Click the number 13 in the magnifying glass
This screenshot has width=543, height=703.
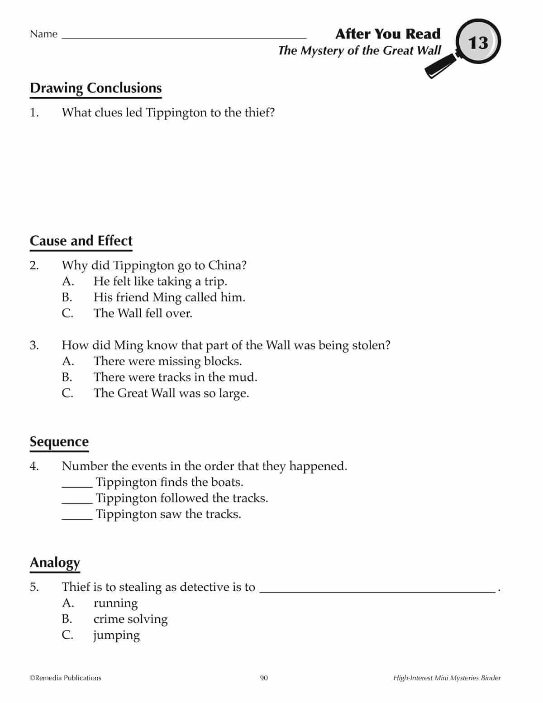(x=478, y=43)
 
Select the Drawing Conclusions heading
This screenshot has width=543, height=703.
(x=95, y=88)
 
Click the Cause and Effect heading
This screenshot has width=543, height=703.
(x=81, y=240)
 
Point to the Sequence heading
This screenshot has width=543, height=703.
(x=59, y=441)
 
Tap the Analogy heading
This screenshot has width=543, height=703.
(x=55, y=562)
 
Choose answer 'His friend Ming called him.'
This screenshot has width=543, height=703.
(x=169, y=297)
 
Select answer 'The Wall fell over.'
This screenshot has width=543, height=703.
(x=143, y=313)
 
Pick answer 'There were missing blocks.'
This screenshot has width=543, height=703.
(x=167, y=361)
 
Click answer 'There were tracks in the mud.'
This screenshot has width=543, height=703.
(x=175, y=377)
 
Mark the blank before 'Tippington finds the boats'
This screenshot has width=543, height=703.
(x=77, y=485)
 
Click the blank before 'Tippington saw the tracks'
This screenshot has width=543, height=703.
(x=77, y=517)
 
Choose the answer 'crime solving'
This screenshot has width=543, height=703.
(x=130, y=619)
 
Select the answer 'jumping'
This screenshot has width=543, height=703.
(x=116, y=635)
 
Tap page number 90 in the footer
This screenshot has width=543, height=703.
(x=264, y=678)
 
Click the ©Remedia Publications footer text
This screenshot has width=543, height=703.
(x=66, y=678)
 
